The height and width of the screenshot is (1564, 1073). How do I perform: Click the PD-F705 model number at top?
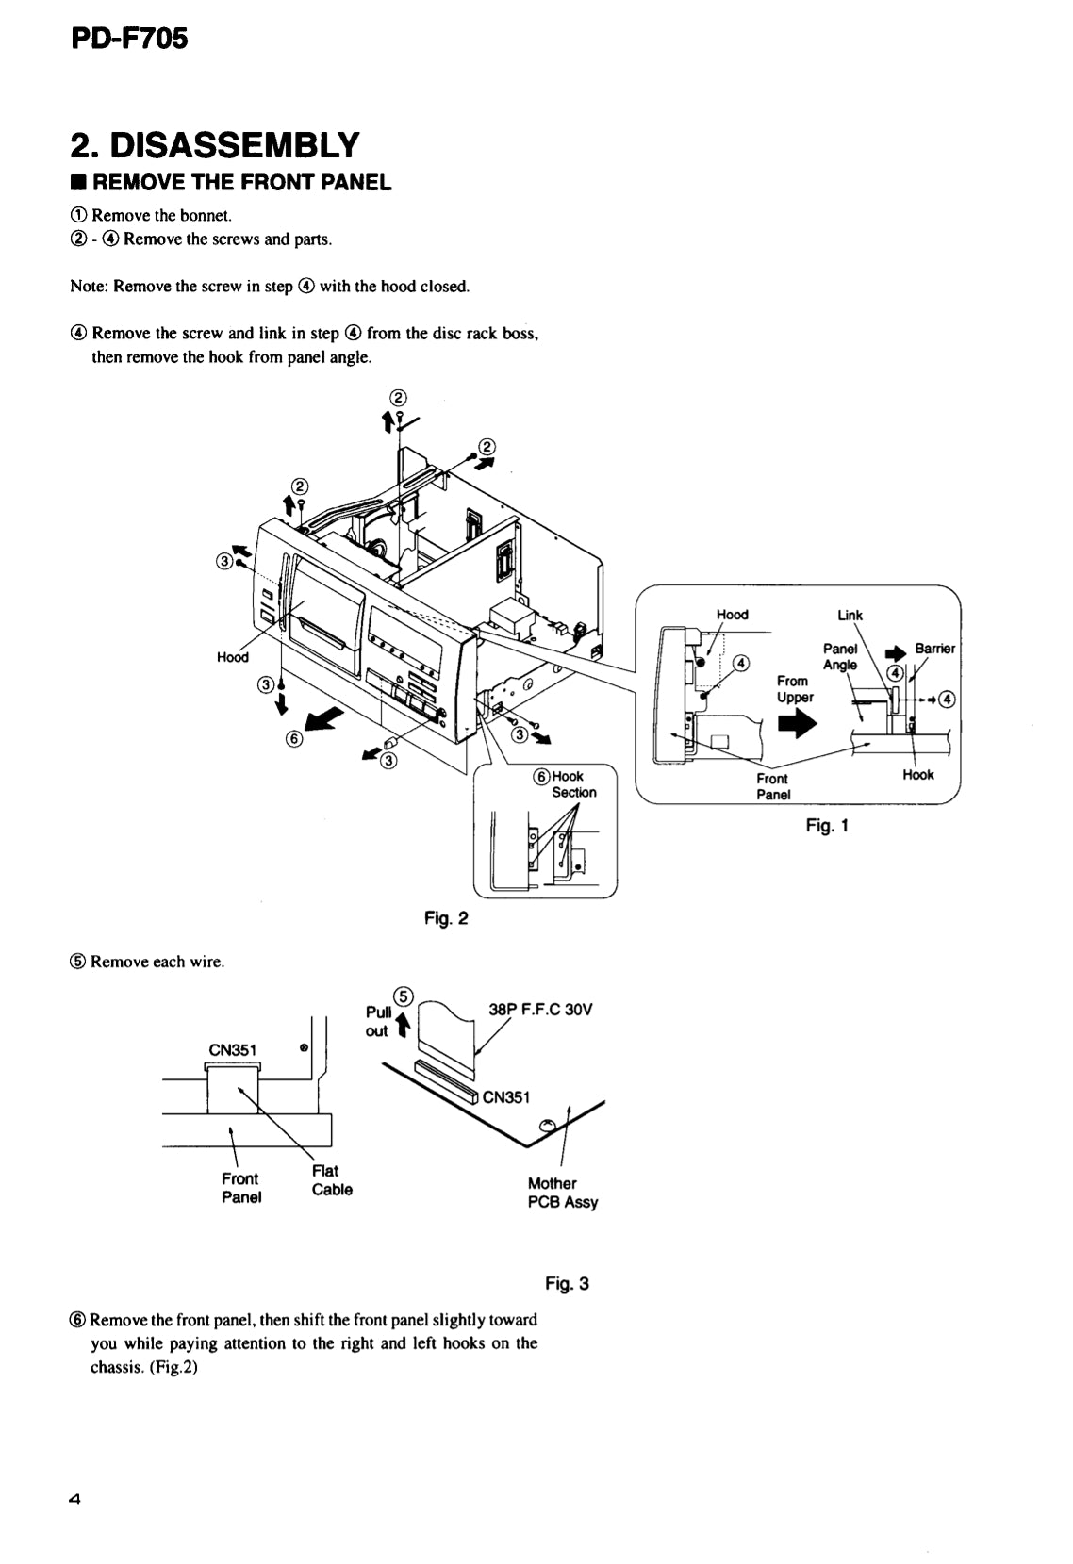(129, 40)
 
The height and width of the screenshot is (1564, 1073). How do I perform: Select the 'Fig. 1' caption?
(828, 826)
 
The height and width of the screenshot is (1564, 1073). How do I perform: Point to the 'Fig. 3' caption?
(567, 1283)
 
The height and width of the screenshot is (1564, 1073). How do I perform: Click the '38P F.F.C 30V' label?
(540, 1010)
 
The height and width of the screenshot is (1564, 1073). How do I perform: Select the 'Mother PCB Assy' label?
(562, 1193)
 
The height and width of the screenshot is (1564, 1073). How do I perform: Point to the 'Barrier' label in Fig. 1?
(934, 649)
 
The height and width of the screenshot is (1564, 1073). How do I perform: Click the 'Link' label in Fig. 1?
(850, 615)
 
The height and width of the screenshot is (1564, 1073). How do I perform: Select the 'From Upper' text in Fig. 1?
(794, 689)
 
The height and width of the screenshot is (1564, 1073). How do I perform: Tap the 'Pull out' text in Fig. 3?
(378, 1021)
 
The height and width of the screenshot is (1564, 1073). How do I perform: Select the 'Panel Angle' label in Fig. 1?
(840, 656)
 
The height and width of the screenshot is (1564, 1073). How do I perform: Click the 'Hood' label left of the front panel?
(232, 657)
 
